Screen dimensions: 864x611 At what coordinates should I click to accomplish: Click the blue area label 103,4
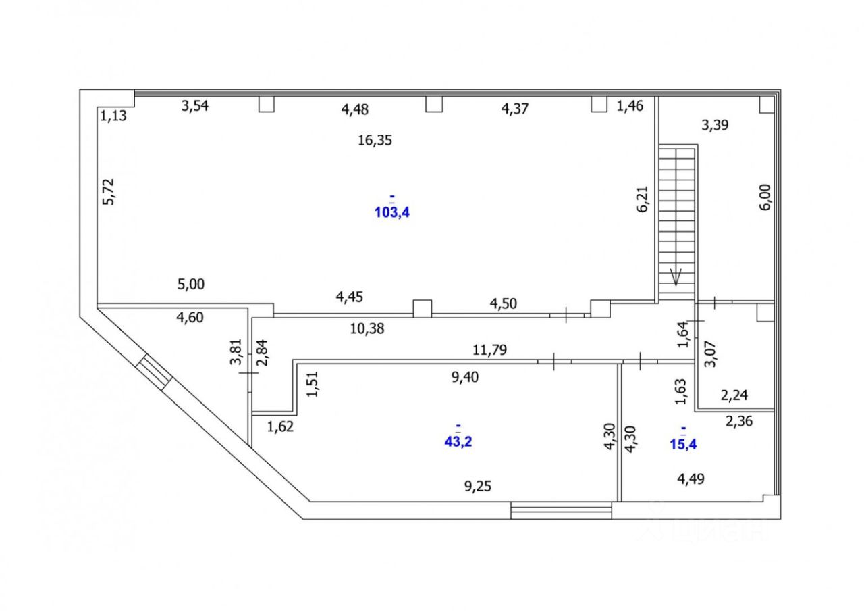point(392,212)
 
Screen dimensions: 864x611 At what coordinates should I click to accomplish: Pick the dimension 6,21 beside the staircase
point(642,199)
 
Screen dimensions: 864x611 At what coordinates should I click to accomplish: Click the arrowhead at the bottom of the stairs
point(677,276)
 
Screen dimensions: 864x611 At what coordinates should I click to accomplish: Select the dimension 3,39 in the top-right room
point(715,125)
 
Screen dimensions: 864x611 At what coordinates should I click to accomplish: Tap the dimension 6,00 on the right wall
point(765,198)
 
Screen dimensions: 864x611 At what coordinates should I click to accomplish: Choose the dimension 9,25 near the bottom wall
point(477,485)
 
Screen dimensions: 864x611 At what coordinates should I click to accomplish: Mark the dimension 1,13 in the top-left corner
point(114,116)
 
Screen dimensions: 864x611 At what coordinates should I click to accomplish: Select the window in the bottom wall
point(561,510)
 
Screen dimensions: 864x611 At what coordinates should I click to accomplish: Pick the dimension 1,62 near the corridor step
point(280,426)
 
